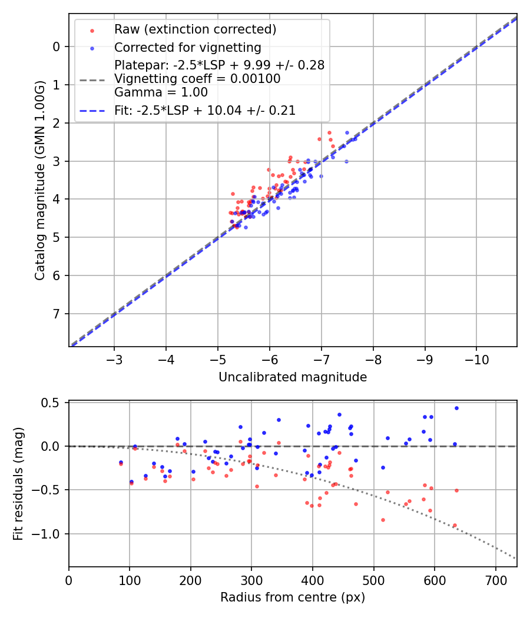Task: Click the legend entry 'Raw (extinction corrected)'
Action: (x=195, y=29)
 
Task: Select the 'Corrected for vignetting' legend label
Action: (x=187, y=47)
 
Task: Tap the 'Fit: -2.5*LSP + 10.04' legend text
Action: (x=204, y=110)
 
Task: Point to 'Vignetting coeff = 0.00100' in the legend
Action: (x=197, y=79)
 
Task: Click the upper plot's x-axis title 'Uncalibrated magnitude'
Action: (x=293, y=377)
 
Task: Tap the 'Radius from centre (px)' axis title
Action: (x=293, y=597)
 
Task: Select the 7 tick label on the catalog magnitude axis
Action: (x=57, y=314)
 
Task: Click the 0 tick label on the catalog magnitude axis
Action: (x=57, y=46)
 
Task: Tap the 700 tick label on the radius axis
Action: (x=495, y=580)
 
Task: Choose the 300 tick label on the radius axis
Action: (x=251, y=580)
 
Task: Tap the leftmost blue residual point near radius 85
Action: (x=121, y=462)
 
